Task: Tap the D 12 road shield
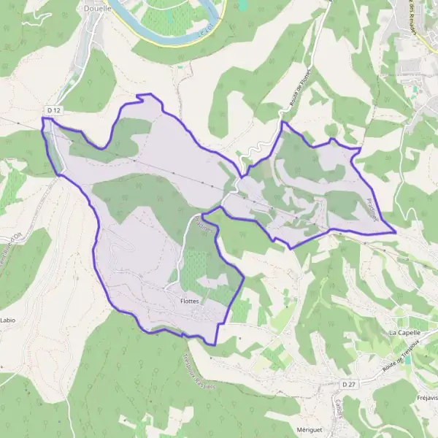point(52,110)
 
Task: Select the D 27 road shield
point(348,384)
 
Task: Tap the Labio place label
point(8,320)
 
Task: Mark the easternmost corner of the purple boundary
point(395,233)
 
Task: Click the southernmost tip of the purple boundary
point(215,344)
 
